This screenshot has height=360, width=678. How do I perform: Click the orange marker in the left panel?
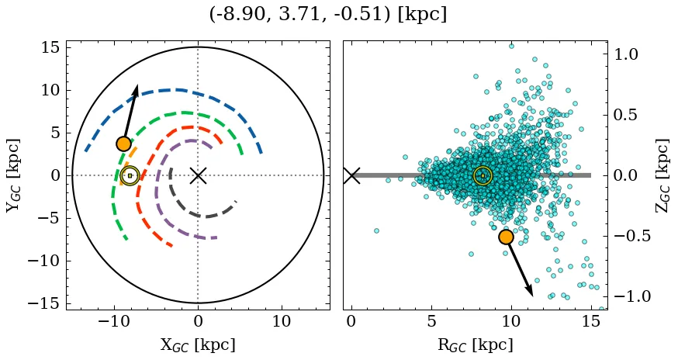pyautogui.click(x=123, y=144)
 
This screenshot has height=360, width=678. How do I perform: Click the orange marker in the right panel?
pyautogui.click(x=506, y=237)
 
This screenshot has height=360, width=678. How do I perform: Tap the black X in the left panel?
pyautogui.click(x=198, y=175)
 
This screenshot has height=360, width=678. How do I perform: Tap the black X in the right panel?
pyautogui.click(x=351, y=175)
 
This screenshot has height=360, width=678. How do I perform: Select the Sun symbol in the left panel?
pyautogui.click(x=130, y=175)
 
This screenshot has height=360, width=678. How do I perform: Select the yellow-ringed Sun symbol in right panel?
pyautogui.click(x=483, y=175)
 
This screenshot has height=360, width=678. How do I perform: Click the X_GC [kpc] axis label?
pyautogui.click(x=197, y=345)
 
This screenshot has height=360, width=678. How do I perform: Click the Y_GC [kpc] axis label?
pyautogui.click(x=13, y=175)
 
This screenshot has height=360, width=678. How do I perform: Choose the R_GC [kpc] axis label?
pyautogui.click(x=475, y=345)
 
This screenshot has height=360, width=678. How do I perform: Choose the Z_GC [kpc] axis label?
pyautogui.click(x=662, y=175)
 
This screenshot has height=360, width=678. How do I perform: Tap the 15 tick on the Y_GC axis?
pyautogui.click(x=49, y=47)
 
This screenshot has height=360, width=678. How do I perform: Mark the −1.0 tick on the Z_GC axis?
pyautogui.click(x=633, y=296)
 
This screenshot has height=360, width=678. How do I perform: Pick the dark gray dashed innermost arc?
pyautogui.click(x=203, y=215)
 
